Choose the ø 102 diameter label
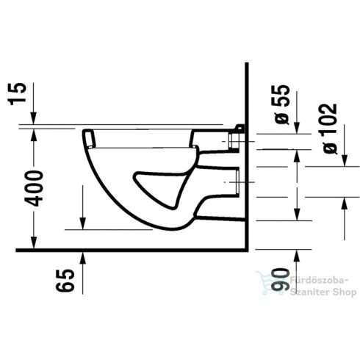[x=330, y=128]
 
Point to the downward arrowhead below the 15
[x=34, y=120]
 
